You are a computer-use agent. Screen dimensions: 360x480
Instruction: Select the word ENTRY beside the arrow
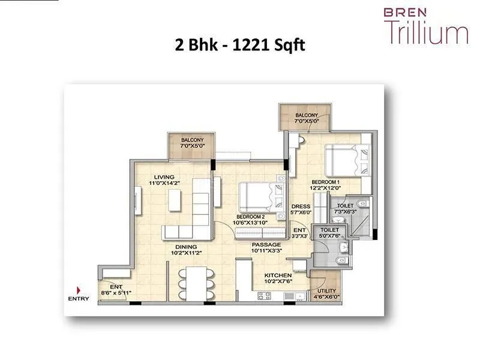coord(79,298)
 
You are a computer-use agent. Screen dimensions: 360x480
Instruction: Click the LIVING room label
coord(163,177)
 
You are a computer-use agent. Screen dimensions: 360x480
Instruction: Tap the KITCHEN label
coord(278,276)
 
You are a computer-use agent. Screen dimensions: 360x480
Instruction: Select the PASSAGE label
coord(266,245)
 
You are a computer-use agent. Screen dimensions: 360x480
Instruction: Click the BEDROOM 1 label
coord(326,181)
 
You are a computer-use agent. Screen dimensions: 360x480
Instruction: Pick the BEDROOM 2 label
coord(251,216)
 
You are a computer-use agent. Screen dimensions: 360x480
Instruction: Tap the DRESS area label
coord(301,206)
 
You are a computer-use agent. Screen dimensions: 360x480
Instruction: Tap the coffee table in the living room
coord(175,200)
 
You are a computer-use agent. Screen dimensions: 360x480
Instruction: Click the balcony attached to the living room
coord(188,146)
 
